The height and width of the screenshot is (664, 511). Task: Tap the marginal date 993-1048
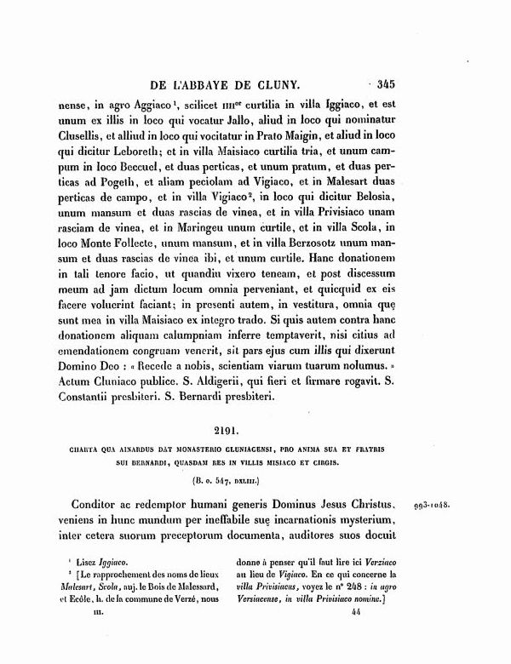pos(433,504)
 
